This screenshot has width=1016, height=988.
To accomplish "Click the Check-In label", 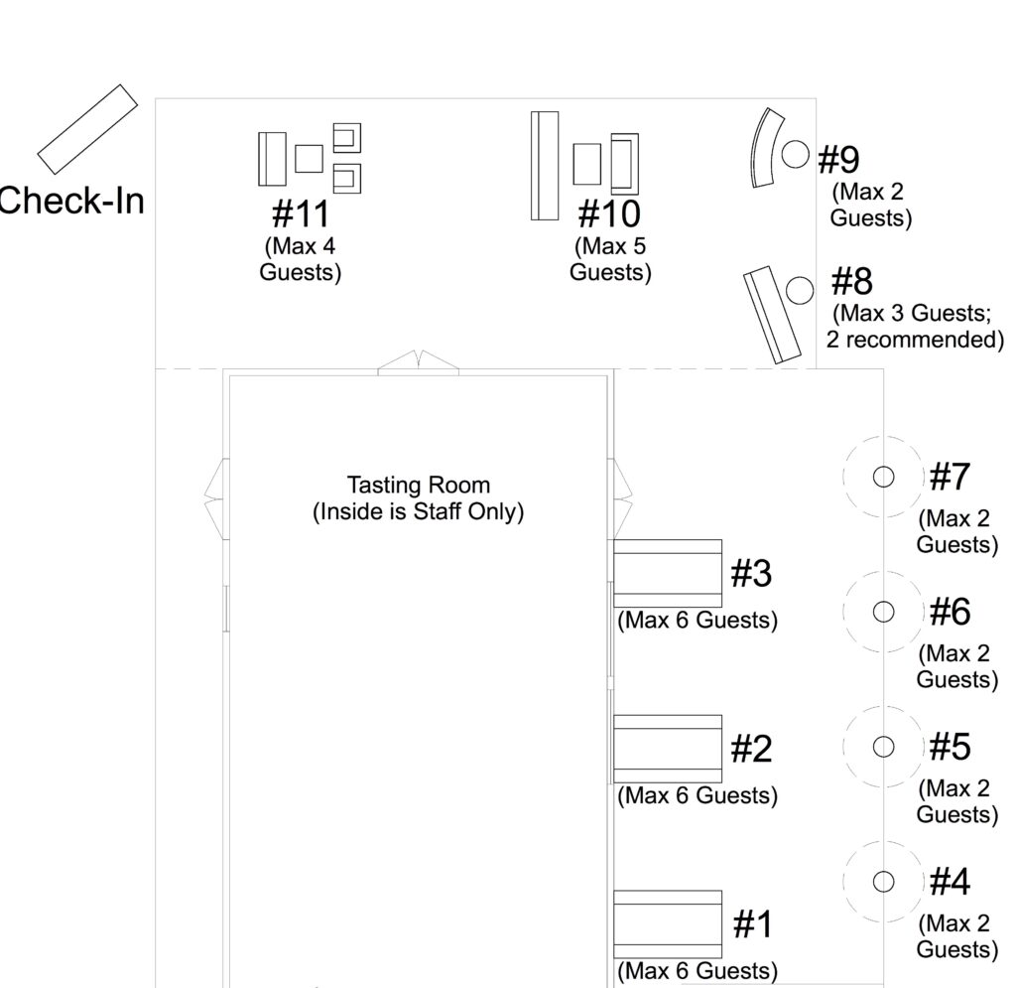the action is (71, 201).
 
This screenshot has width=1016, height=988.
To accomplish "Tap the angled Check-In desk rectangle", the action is (87, 130).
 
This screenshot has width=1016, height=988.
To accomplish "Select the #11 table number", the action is (301, 213).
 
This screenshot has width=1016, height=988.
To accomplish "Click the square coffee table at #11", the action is (310, 158).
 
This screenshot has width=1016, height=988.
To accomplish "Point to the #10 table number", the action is (609, 213).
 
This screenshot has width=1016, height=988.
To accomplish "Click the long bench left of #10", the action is (545, 166).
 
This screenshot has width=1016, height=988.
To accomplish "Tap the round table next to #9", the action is (795, 154).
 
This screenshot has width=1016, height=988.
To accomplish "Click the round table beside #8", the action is (800, 290).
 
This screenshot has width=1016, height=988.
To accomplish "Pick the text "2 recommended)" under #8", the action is (915, 340).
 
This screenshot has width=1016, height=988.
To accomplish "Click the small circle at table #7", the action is (883, 477).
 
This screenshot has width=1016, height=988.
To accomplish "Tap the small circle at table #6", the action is (883, 612).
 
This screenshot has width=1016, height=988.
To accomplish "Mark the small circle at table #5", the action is (883, 747).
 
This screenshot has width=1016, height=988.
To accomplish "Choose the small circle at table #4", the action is (883, 882).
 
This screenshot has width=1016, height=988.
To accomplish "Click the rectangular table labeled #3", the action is (668, 573).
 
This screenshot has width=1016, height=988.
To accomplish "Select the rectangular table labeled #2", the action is (668, 749).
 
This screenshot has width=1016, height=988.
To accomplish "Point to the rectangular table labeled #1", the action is (668, 923).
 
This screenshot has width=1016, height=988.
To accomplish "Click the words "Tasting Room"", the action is (419, 485).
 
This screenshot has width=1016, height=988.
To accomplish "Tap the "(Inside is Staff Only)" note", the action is (419, 511).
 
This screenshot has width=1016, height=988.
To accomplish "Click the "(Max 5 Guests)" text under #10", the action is (610, 259).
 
